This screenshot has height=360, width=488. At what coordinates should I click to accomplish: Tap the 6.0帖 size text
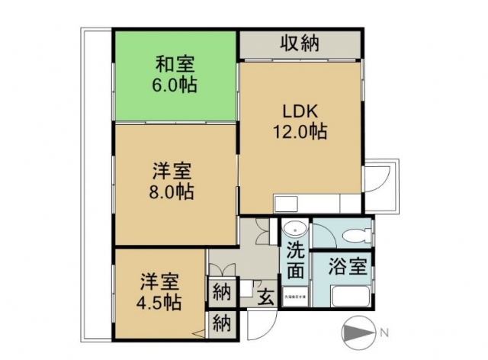(x=174, y=85)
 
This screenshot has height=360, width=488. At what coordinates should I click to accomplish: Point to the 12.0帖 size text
(x=300, y=131)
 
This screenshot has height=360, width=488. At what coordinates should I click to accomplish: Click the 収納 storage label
(x=299, y=43)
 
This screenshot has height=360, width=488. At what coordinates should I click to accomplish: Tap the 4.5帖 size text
(x=158, y=302)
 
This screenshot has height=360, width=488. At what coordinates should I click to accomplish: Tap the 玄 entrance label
(x=266, y=297)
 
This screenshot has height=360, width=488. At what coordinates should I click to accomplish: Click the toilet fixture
(x=352, y=233)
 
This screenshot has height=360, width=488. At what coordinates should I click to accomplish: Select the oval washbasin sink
(x=296, y=230)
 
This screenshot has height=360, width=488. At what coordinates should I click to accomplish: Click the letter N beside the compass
(x=385, y=333)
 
